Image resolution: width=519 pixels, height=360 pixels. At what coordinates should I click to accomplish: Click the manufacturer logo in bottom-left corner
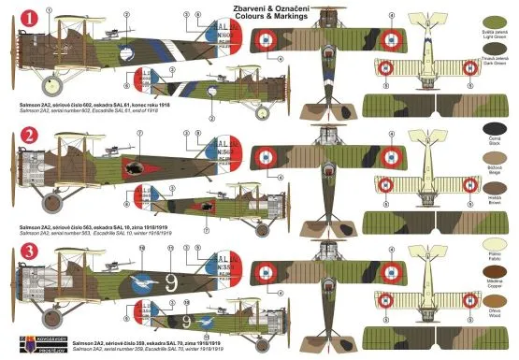tap(20, 344)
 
